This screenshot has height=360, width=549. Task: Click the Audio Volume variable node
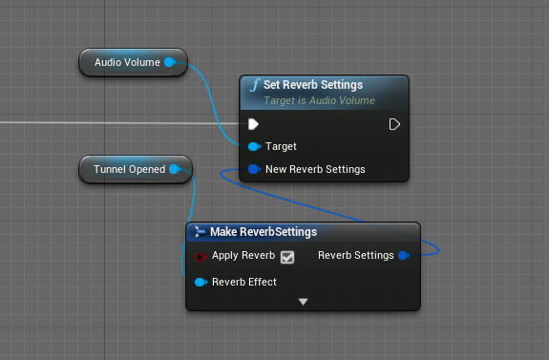[133, 62]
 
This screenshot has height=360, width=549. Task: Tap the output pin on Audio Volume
[170, 62]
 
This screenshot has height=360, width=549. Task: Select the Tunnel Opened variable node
[136, 169]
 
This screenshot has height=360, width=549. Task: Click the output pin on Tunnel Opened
[175, 169]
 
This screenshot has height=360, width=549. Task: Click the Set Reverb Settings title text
[313, 85]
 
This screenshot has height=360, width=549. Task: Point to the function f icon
[255, 85]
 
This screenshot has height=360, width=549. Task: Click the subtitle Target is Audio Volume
[319, 101]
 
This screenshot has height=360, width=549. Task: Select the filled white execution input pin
[253, 124]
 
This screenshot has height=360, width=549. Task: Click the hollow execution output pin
[394, 124]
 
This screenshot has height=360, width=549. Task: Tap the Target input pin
[254, 146]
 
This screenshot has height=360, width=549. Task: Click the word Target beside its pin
[281, 146]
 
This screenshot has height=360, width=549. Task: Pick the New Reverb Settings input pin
[254, 169]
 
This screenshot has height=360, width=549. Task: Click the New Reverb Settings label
[315, 169]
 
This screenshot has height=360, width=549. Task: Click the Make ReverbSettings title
[264, 232]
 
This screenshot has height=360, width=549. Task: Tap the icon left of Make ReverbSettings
[200, 231]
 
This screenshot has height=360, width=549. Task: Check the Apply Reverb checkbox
[287, 258]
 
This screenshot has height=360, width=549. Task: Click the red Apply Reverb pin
[201, 258]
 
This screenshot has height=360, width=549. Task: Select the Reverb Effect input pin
[201, 282]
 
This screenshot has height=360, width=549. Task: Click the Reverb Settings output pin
[404, 255]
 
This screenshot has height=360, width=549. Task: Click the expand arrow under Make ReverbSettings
[304, 302]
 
